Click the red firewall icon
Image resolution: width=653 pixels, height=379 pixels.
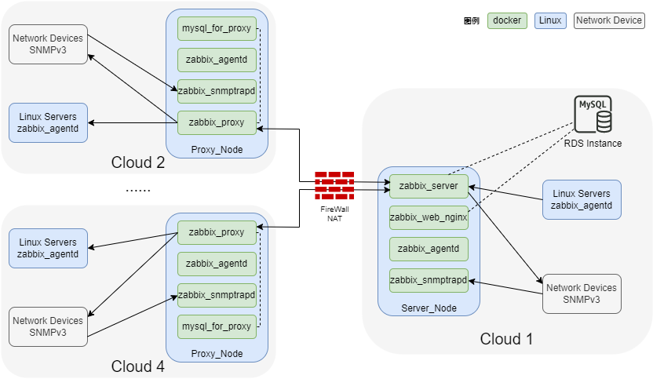pyautogui.click(x=334, y=185)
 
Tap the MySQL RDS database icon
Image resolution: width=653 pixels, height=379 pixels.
pyautogui.click(x=593, y=115)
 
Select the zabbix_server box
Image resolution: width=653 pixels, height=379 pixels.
pyautogui.click(x=429, y=186)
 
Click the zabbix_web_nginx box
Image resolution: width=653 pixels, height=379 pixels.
pyautogui.click(x=429, y=217)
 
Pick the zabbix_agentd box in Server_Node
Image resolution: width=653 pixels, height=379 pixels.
pyautogui.click(x=429, y=249)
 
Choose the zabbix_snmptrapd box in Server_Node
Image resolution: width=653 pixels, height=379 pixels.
pyautogui.click(x=429, y=280)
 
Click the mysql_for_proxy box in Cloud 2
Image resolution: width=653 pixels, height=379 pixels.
pyautogui.click(x=217, y=29)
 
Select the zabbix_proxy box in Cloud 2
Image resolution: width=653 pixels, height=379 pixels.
pyautogui.click(x=217, y=122)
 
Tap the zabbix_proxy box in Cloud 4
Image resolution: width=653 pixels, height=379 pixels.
pyautogui.click(x=217, y=233)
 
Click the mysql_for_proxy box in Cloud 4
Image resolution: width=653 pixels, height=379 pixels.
pyautogui.click(x=217, y=326)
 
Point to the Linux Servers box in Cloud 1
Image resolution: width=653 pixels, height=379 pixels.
pyautogui.click(x=582, y=199)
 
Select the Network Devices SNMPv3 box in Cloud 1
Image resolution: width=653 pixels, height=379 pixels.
pyautogui.click(x=582, y=293)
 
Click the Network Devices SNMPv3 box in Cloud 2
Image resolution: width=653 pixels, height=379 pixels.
pyautogui.click(x=48, y=45)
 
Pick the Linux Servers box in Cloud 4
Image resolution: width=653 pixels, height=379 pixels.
pyautogui.click(x=48, y=248)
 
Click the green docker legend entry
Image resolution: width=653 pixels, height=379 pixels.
pyautogui.click(x=507, y=20)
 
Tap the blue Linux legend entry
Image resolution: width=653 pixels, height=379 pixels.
pyautogui.click(x=550, y=20)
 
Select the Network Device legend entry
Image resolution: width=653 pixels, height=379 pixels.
pyautogui.click(x=609, y=20)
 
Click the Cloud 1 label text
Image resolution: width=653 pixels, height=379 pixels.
pyautogui.click(x=506, y=339)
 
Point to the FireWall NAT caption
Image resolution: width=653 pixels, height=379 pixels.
pyautogui.click(x=334, y=213)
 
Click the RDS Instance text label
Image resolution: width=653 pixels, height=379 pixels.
pyautogui.click(x=593, y=144)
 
